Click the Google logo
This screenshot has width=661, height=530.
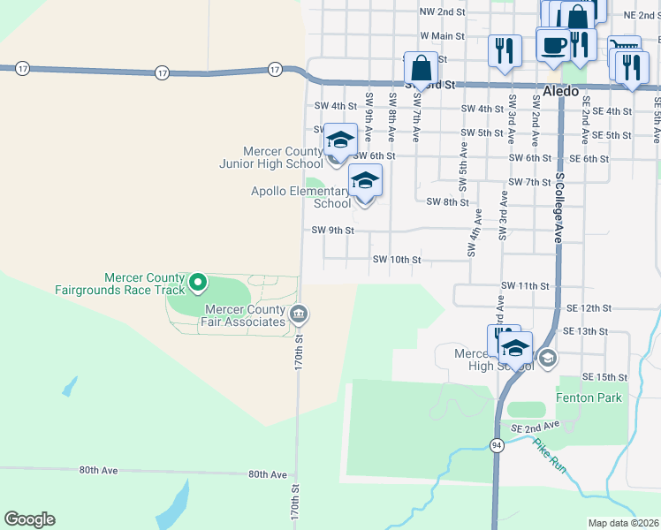pyautogui.click(x=29, y=519)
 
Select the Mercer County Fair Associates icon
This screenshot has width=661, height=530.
pyautogui.click(x=299, y=314)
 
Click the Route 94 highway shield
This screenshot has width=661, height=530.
pyautogui.click(x=498, y=447)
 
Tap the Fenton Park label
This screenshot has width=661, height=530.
pyautogui.click(x=589, y=397)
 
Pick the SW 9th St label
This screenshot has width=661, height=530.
pyautogui.click(x=333, y=231)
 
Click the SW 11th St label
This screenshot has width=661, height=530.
pyautogui.click(x=525, y=286)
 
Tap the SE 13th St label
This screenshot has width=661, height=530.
pyautogui.click(x=587, y=329)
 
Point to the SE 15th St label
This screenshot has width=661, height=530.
pyautogui.click(x=604, y=376)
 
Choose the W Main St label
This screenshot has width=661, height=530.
pyautogui.click(x=442, y=36)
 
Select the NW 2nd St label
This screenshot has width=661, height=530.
pyautogui.click(x=442, y=11)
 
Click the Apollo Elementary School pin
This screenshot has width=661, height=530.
pyautogui.click(x=365, y=181)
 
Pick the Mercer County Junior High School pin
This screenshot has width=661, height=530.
pyautogui.click(x=339, y=140)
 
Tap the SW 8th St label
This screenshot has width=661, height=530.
pyautogui.click(x=447, y=201)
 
